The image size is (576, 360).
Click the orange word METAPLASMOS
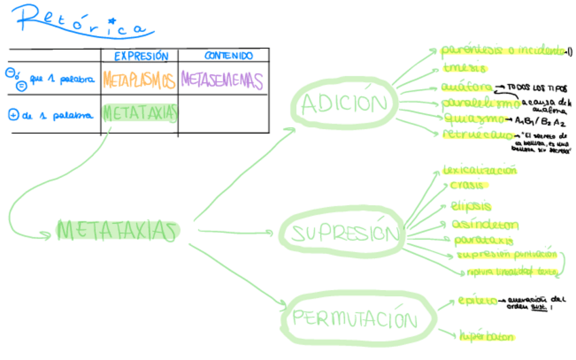point(139,80)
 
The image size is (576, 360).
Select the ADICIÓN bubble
point(347,104)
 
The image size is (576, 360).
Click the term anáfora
point(465,87)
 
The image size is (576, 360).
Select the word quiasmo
point(470,118)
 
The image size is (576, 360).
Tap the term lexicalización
point(479,170)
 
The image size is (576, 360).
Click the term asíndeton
point(484,224)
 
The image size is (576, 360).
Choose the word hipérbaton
point(485,336)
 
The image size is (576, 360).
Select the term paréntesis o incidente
point(503,50)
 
